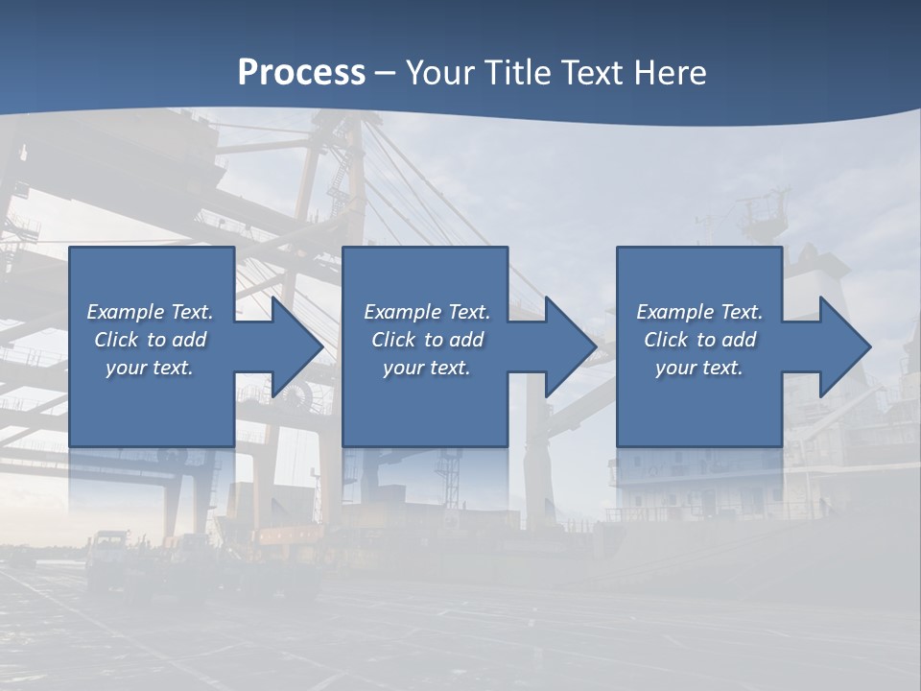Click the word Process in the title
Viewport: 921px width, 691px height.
[x=301, y=73]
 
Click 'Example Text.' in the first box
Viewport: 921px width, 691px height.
[x=150, y=312]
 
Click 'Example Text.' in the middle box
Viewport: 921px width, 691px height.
[x=426, y=312]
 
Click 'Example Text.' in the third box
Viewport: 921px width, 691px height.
[x=699, y=312]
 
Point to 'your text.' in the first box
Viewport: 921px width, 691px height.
[x=150, y=368]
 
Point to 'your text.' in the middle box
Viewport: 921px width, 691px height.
[x=426, y=368]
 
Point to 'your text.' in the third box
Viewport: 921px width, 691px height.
[x=699, y=368]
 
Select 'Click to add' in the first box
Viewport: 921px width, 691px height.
[x=150, y=340]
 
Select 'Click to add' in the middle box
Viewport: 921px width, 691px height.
[x=426, y=340]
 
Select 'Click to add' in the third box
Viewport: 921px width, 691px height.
[x=699, y=340]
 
